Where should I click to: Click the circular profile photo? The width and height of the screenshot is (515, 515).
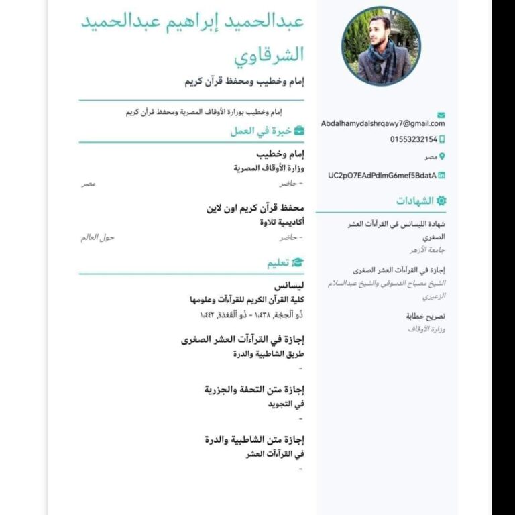click(x=381, y=46)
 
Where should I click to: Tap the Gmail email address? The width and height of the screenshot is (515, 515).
click(x=383, y=123)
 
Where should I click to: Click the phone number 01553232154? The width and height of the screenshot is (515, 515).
click(x=413, y=139)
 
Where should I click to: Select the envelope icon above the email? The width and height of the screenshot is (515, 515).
click(x=441, y=115)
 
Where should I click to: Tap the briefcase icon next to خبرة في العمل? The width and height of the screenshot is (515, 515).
click(x=299, y=131)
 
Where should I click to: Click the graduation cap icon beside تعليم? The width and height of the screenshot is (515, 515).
click(x=298, y=263)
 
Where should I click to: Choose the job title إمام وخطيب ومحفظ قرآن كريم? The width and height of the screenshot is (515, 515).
click(x=244, y=82)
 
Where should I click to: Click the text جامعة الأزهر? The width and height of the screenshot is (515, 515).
click(x=428, y=250)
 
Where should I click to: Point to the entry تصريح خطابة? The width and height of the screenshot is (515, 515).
click(x=426, y=316)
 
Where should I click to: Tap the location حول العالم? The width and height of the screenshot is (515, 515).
click(x=98, y=237)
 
